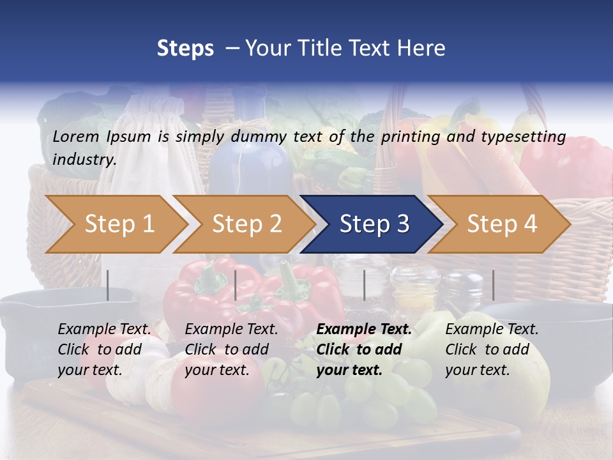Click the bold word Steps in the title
185,48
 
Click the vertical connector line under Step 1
108,285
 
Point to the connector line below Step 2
236,285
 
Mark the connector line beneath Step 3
365,285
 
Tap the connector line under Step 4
493,285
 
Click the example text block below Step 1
104,349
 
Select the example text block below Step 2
231,349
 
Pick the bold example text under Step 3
364,349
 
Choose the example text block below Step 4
492,349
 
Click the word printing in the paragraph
412,136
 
